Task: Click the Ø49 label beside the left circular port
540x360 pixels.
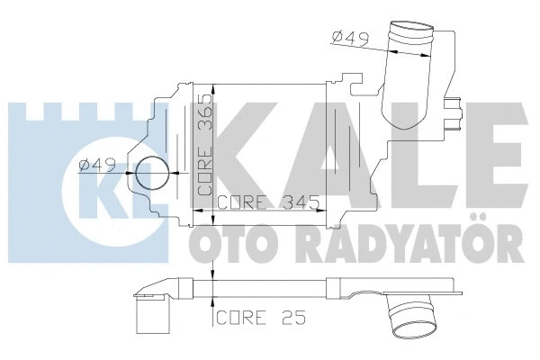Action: [x=96, y=164]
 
